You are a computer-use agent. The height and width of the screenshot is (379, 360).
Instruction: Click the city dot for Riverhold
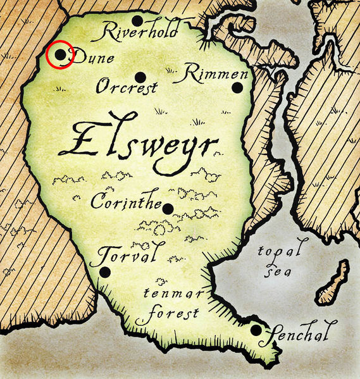tap(137, 21)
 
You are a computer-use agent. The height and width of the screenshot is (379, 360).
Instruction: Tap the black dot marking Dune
tap(60, 55)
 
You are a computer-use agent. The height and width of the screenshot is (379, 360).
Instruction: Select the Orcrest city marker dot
tap(140, 77)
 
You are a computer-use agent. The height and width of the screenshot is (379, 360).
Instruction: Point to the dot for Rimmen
tap(237, 88)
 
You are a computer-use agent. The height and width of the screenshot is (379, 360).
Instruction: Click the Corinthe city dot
tap(168, 209)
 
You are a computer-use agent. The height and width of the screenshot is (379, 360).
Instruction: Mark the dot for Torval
tap(105, 271)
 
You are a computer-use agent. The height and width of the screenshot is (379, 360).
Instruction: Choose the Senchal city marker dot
tap(256, 330)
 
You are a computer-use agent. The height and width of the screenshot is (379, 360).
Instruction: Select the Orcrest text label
tap(127, 87)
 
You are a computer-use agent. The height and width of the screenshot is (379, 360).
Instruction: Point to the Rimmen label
tap(212, 73)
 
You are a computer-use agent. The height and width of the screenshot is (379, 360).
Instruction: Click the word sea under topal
tap(276, 270)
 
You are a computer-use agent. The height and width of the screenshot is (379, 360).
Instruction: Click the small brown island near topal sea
tap(334, 283)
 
